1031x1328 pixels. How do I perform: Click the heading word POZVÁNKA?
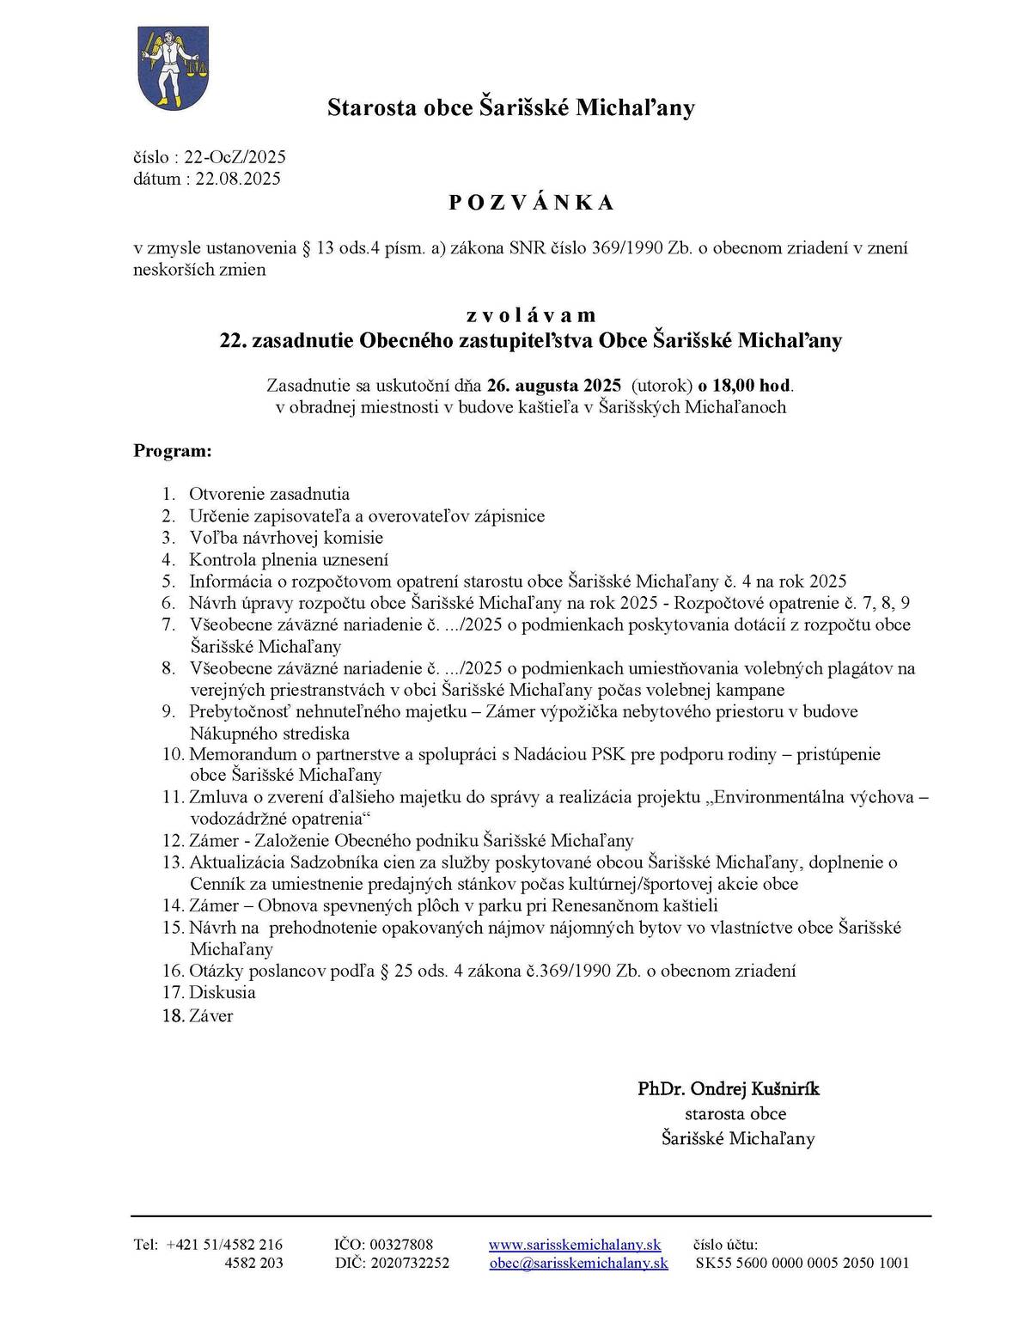531,203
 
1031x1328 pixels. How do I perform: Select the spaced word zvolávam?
531,315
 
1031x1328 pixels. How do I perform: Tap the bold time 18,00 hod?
751,384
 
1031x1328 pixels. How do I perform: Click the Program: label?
172,450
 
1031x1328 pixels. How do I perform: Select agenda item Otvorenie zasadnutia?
269,494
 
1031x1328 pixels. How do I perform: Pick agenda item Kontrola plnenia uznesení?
289,560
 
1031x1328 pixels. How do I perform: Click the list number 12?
172,841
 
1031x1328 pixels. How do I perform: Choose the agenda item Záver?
210,1016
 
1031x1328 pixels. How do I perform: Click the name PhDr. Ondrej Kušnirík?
729,1089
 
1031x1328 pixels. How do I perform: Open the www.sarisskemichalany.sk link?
574,1244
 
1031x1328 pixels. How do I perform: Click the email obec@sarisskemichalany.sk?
578,1263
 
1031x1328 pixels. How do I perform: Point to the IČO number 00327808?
401,1244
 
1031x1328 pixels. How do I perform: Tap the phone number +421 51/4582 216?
224,1244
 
